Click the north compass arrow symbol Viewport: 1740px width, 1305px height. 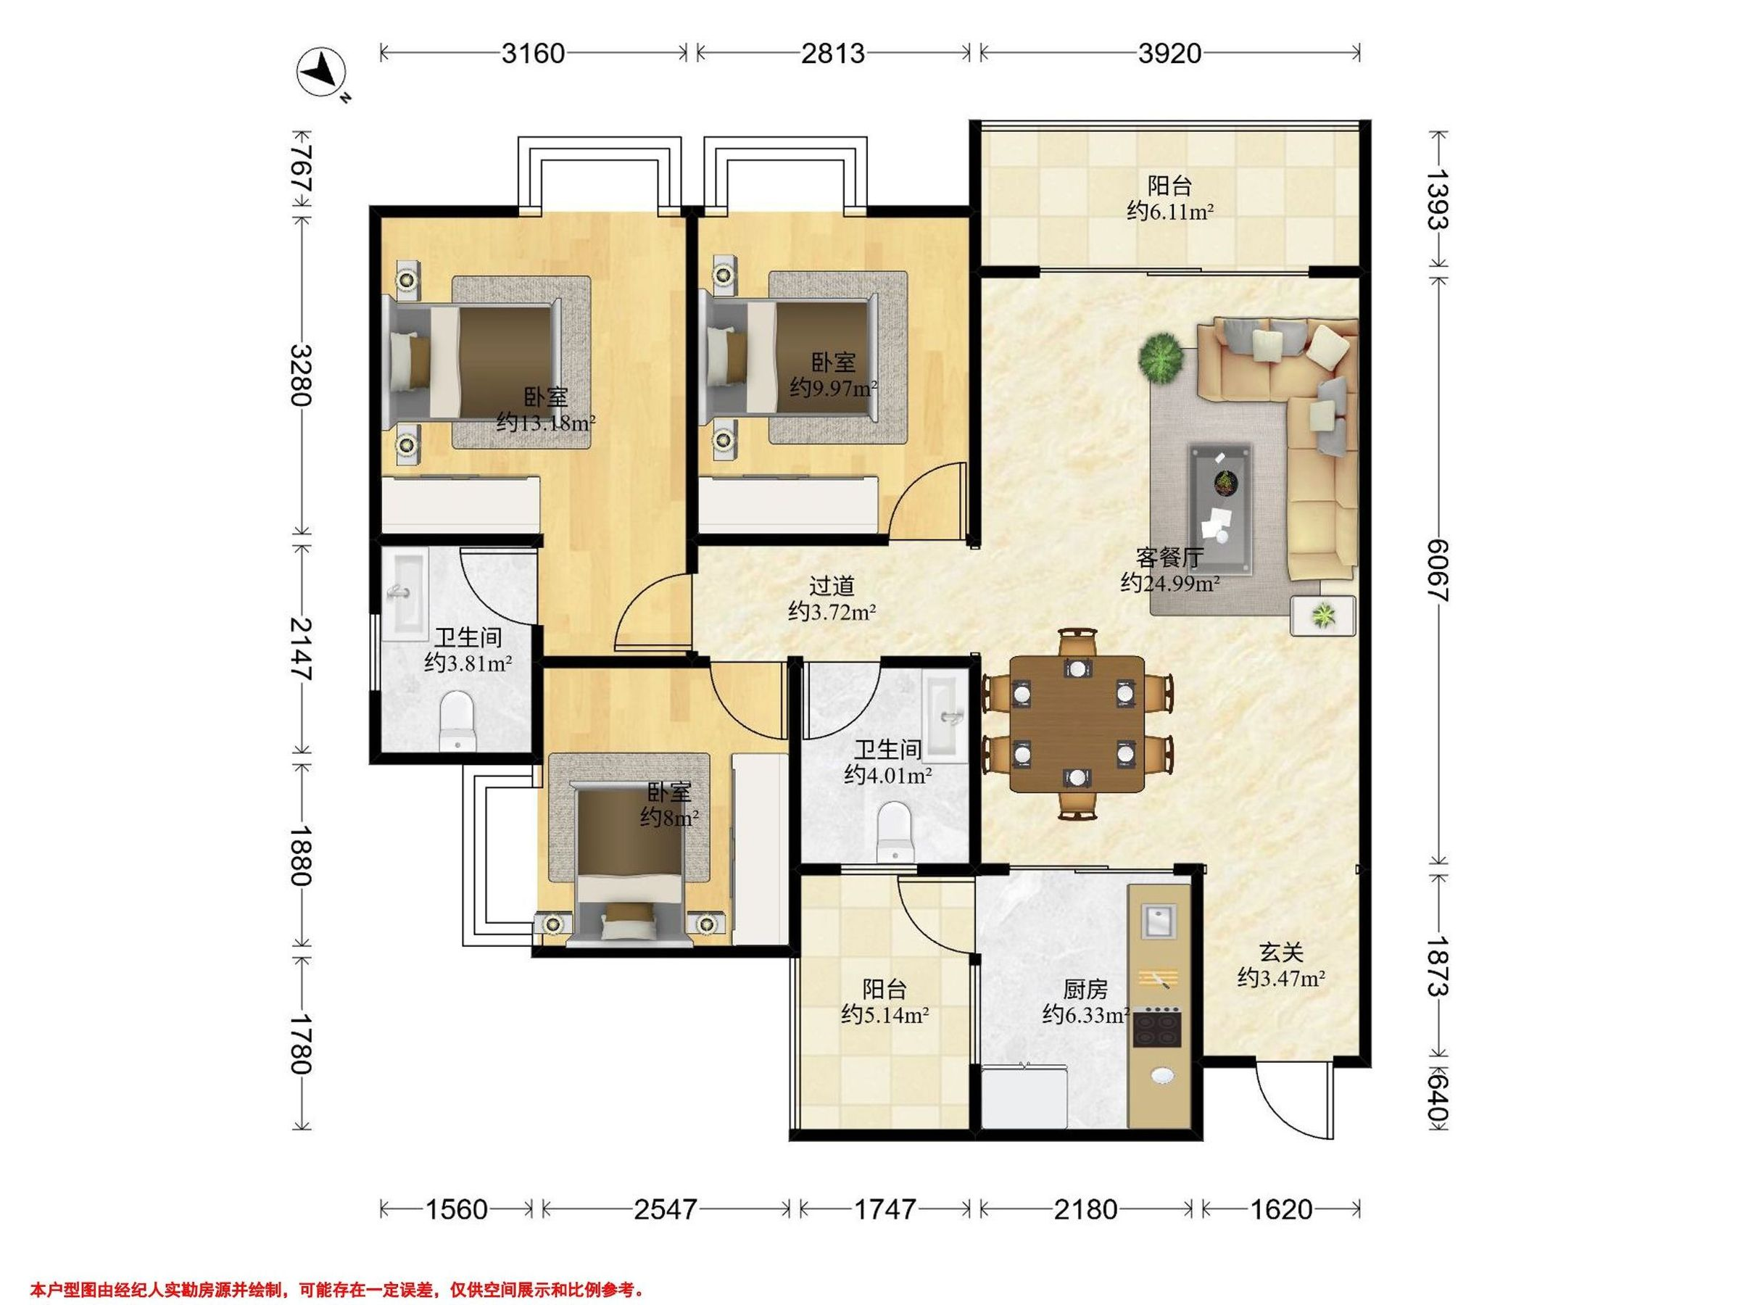[322, 72]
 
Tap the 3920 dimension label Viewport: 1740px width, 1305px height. [1169, 54]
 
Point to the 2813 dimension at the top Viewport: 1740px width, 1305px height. [833, 54]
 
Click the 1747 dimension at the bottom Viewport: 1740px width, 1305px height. [885, 1209]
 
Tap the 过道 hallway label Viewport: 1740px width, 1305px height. [832, 586]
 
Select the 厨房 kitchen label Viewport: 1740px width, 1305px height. [1085, 989]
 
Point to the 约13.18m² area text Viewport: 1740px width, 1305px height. [546, 423]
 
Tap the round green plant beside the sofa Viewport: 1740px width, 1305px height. [1160, 359]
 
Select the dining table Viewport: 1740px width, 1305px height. [1077, 724]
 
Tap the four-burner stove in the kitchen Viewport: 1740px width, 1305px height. [1157, 1027]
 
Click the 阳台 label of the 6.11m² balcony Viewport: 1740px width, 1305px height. [1169, 186]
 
